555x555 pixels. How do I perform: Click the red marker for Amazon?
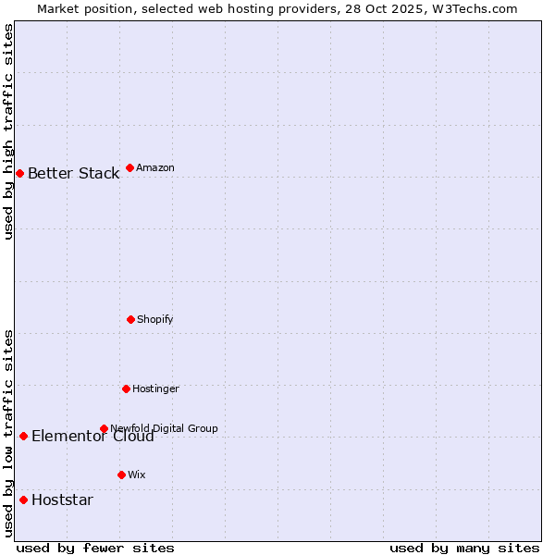click(129, 167)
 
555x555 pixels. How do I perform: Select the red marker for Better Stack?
click(19, 173)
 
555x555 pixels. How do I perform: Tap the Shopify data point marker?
click(130, 319)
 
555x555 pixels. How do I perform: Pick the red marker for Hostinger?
click(126, 388)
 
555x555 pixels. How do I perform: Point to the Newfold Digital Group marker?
click(104, 428)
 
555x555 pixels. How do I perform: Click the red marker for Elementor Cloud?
click(23, 436)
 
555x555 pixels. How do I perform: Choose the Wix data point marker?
click(121, 475)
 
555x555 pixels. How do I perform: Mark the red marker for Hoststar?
click(23, 499)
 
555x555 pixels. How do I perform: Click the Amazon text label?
click(154, 167)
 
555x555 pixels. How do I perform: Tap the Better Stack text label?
click(73, 173)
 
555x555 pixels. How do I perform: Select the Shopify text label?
click(154, 319)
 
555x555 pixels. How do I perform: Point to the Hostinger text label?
click(155, 388)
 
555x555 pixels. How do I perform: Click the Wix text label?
click(136, 475)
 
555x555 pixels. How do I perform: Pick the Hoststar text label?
click(62, 500)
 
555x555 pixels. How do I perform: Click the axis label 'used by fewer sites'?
click(94, 548)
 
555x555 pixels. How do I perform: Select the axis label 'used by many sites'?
click(464, 548)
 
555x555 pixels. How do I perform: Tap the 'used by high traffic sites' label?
click(8, 131)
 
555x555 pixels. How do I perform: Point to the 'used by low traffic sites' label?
click(8, 433)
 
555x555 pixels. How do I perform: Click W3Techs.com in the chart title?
click(480, 8)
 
